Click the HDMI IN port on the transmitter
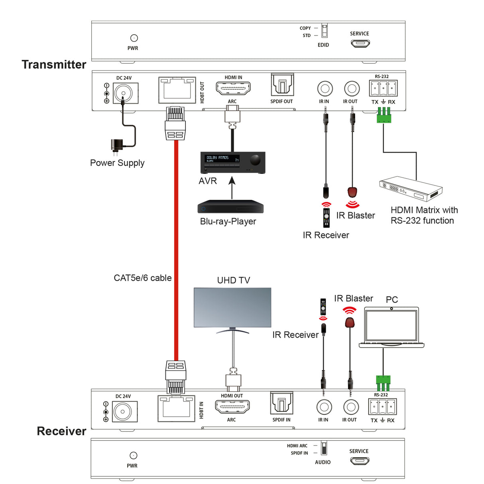click(x=233, y=88)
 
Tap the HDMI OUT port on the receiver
click(x=232, y=407)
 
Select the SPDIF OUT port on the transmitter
click(x=282, y=85)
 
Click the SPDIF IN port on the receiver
click(x=281, y=403)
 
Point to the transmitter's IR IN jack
click(x=325, y=89)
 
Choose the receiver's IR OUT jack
click(x=350, y=407)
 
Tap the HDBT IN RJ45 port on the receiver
click(x=176, y=408)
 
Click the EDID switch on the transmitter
click(x=324, y=31)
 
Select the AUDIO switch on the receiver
click(x=324, y=448)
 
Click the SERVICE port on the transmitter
click(x=360, y=43)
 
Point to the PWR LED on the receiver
click(x=134, y=455)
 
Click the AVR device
click(x=232, y=162)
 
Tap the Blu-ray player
click(x=230, y=207)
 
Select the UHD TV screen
click(x=232, y=307)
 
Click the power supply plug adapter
click(x=117, y=146)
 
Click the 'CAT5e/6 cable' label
click(x=142, y=278)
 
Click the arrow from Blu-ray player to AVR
click(x=232, y=187)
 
